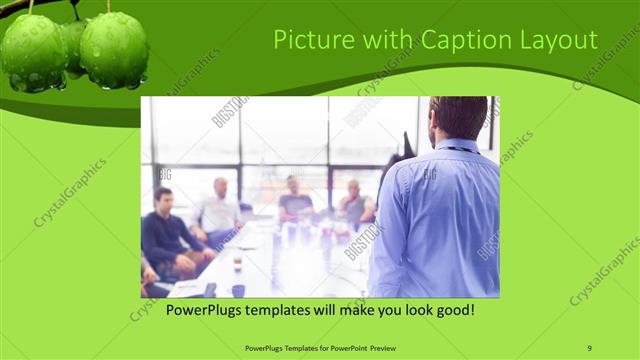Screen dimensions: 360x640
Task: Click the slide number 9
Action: (x=590, y=347)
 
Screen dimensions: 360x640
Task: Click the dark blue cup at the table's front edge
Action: (x=238, y=290)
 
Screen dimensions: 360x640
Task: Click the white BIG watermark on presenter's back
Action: (x=430, y=174)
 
